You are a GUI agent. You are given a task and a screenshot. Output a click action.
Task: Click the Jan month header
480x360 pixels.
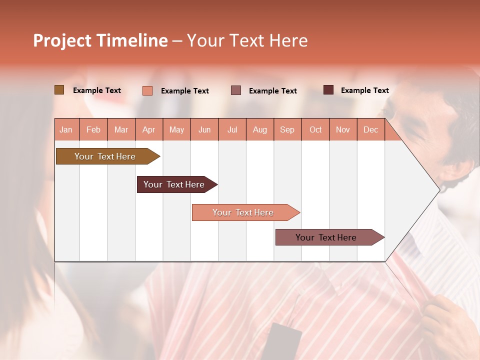point(66,129)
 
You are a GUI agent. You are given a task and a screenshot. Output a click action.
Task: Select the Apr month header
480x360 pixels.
point(148,129)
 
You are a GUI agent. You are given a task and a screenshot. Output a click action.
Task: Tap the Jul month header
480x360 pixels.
point(232,129)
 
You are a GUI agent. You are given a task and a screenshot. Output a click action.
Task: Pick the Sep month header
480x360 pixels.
point(287,129)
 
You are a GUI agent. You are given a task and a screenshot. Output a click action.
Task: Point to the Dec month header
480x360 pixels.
point(370,129)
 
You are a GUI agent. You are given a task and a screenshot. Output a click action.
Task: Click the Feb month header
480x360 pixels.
point(93,129)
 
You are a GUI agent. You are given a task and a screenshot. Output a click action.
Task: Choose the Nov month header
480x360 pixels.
point(342,129)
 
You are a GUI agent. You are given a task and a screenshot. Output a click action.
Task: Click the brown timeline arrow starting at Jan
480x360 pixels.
point(105,156)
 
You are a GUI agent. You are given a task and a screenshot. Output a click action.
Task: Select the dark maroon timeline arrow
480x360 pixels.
point(174,184)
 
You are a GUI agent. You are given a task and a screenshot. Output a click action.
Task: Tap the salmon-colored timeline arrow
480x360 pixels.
point(243,212)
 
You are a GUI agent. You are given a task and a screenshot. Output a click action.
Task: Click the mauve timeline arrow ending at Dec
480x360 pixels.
point(326,237)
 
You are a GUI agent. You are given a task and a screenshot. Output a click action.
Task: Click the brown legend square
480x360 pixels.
point(59,90)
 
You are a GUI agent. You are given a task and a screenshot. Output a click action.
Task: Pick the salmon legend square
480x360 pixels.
point(147,90)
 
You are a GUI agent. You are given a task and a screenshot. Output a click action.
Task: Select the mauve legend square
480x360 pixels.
point(236,90)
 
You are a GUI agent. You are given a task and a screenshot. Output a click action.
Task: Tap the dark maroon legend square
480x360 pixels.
point(328,90)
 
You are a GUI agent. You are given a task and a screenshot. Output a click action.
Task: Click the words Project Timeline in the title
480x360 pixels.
point(100,40)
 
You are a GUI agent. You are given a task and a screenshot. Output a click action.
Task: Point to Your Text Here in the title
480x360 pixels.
point(247,40)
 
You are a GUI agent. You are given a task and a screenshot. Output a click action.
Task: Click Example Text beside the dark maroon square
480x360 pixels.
point(364,90)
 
